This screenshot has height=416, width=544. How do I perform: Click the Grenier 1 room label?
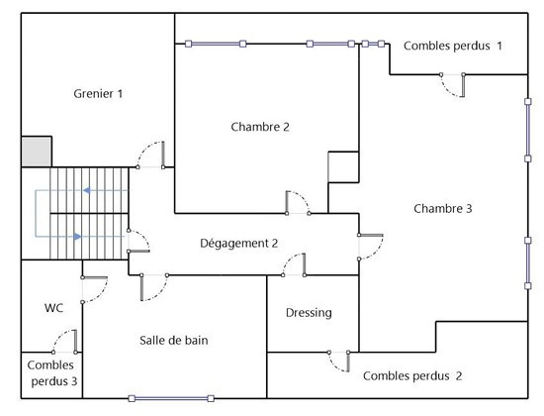pos(98,93)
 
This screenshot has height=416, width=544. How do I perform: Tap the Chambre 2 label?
pos(260,127)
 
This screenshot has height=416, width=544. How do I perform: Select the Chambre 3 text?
pos(443,209)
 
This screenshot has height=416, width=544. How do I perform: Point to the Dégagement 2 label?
pos(239,244)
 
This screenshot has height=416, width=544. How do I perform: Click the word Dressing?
pos(309,313)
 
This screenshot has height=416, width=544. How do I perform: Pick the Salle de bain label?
pos(174,341)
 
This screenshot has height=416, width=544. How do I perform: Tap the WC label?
pos(53,308)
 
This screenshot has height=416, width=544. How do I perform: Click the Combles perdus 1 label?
pos(453,46)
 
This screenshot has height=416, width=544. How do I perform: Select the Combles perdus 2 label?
pos(412,376)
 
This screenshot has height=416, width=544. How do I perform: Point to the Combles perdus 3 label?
pos(52,372)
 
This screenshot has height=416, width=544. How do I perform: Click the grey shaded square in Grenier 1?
pos(37,152)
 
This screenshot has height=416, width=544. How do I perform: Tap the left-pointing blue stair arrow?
pos(87,190)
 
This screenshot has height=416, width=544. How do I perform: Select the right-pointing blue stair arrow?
pos(77,237)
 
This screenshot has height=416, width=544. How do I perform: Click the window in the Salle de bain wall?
pos(171,398)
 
